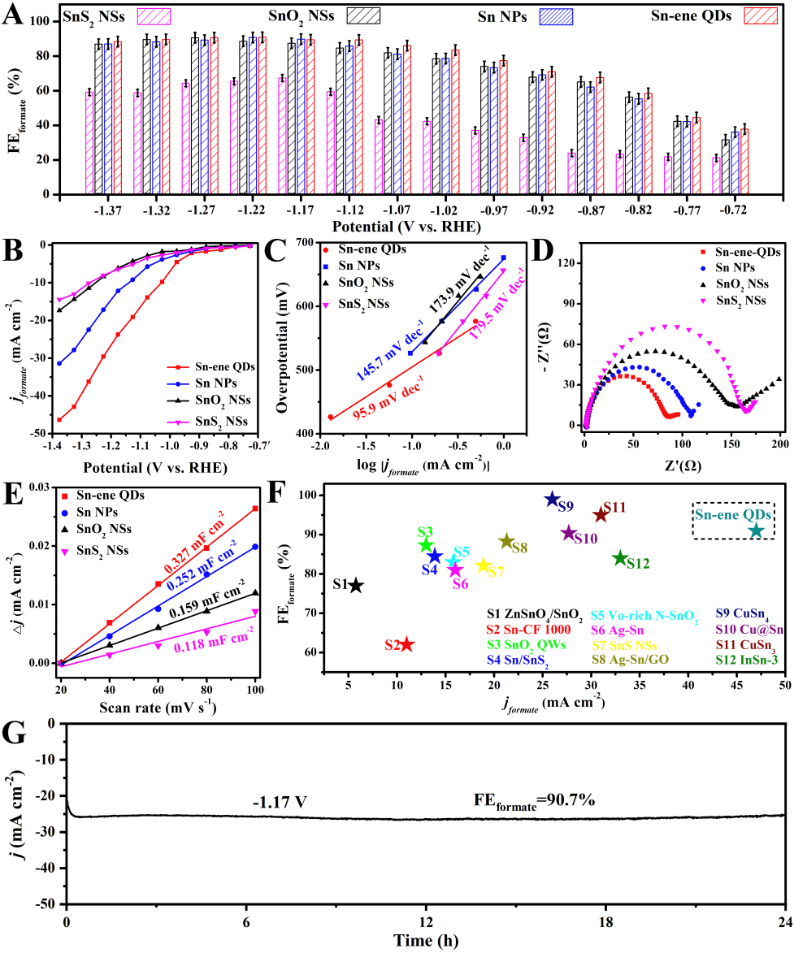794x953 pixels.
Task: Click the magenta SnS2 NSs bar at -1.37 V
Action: coord(89,143)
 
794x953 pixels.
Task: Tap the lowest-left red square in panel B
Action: coord(59,420)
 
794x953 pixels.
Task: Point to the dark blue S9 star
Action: coord(552,499)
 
